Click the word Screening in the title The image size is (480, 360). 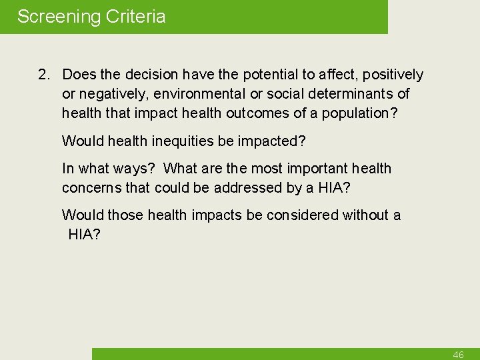tap(58, 17)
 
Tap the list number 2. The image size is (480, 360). tap(43, 75)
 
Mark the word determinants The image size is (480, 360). tap(351, 94)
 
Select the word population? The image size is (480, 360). tap(360, 113)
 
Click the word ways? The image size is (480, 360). tap(131, 169)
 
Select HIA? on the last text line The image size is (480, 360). tap(85, 234)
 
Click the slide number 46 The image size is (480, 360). tap(458, 355)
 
